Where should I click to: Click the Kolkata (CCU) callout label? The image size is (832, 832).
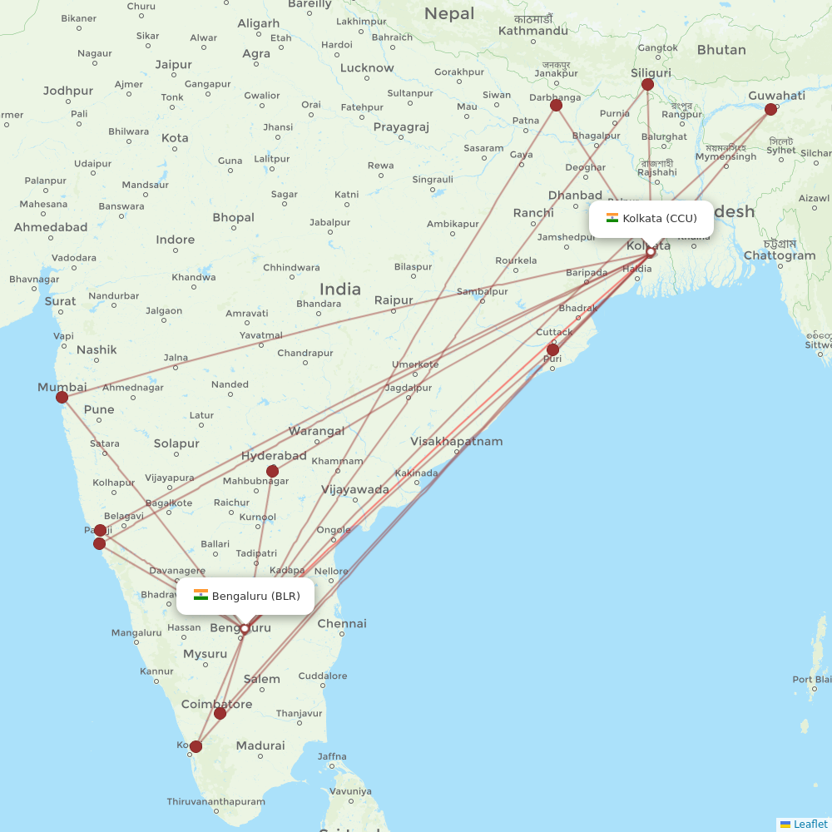click(651, 219)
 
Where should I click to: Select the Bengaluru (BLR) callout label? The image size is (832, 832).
click(245, 596)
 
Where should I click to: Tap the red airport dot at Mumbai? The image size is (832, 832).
click(62, 397)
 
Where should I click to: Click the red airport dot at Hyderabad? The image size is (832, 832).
click(272, 471)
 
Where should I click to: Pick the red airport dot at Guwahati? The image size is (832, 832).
click(770, 109)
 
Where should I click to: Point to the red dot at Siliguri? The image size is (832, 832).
click(647, 84)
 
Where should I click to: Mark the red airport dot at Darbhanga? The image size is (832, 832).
click(556, 105)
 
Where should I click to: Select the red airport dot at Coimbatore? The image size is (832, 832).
click(220, 713)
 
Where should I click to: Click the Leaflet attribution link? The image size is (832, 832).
click(810, 824)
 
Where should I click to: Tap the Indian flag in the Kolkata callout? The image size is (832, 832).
click(612, 218)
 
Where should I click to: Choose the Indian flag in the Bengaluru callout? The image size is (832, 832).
click(201, 595)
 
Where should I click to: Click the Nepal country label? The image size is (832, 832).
click(449, 13)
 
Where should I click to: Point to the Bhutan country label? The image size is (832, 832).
click(721, 50)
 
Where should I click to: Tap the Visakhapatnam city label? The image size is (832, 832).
click(456, 441)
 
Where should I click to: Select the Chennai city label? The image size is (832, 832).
click(341, 623)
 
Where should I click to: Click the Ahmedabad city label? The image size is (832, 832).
click(51, 227)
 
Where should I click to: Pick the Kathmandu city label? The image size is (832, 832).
click(532, 31)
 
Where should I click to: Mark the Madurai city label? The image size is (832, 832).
click(260, 745)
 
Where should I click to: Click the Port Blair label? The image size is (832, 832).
click(814, 680)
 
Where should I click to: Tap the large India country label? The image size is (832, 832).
click(340, 289)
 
